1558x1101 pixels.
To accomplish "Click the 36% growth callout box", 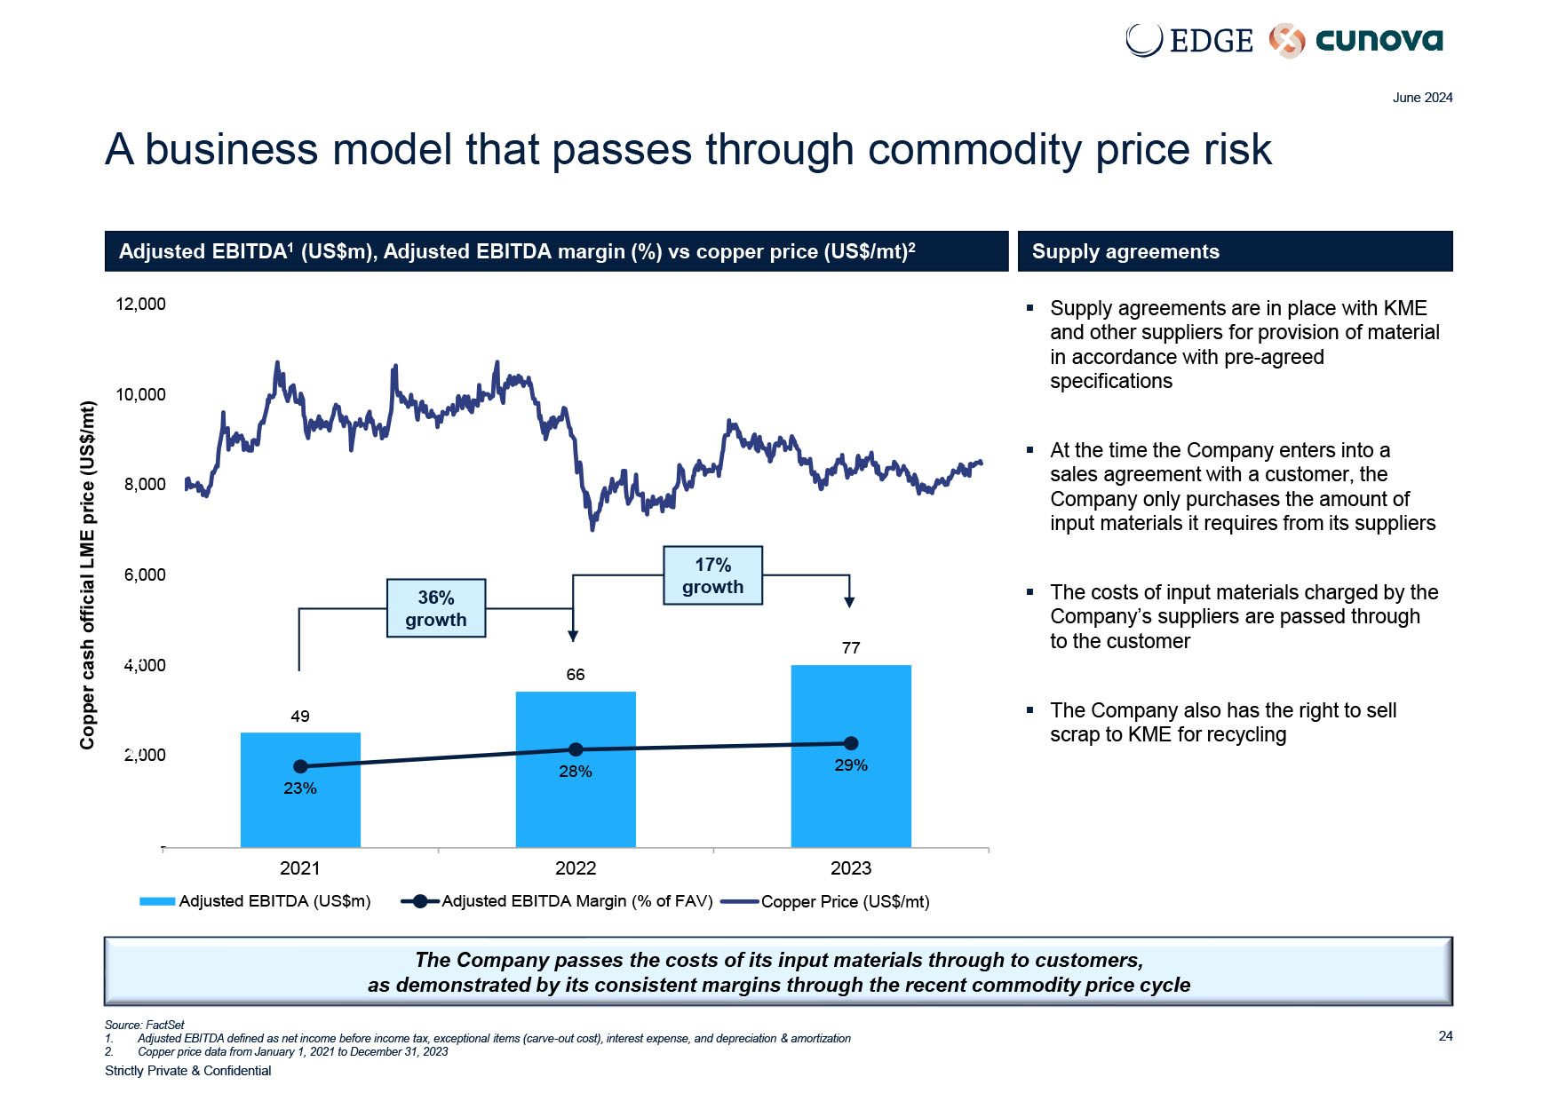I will coord(436,608).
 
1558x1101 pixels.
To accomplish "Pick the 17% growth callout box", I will coord(712,575).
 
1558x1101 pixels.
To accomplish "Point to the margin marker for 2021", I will coord(300,766).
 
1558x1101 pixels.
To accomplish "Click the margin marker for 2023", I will coord(851,743).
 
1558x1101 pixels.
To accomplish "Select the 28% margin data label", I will coord(576,772).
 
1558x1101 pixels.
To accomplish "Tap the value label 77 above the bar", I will coord(851,648).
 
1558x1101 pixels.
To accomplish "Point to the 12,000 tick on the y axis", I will coord(140,304).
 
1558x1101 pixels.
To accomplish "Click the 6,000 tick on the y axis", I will coord(145,574).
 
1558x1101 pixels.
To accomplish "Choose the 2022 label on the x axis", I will coord(576,868).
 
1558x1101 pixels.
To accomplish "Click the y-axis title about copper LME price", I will coord(87,574).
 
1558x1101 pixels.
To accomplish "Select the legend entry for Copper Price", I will coord(826,902).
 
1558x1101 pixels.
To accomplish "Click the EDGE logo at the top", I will coord(1189,40).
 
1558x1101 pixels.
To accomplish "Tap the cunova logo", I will coord(1356,40).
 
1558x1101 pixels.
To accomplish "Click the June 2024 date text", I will coord(1422,98).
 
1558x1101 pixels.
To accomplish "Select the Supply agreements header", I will coord(1125,251).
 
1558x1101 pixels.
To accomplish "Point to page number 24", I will coord(1445,1036).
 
